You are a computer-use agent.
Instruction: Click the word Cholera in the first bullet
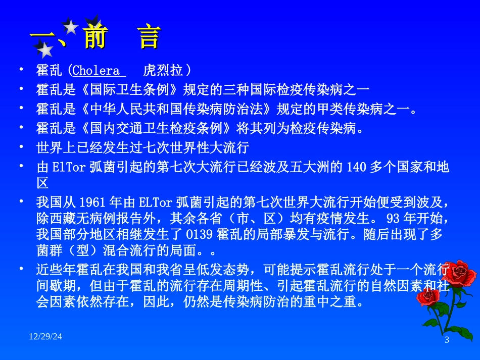(x=97, y=70)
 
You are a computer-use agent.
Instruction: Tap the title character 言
(x=150, y=37)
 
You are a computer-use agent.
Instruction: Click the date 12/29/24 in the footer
(x=45, y=336)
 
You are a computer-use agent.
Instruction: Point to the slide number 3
(x=447, y=340)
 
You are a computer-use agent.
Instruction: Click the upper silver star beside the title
(x=71, y=27)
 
